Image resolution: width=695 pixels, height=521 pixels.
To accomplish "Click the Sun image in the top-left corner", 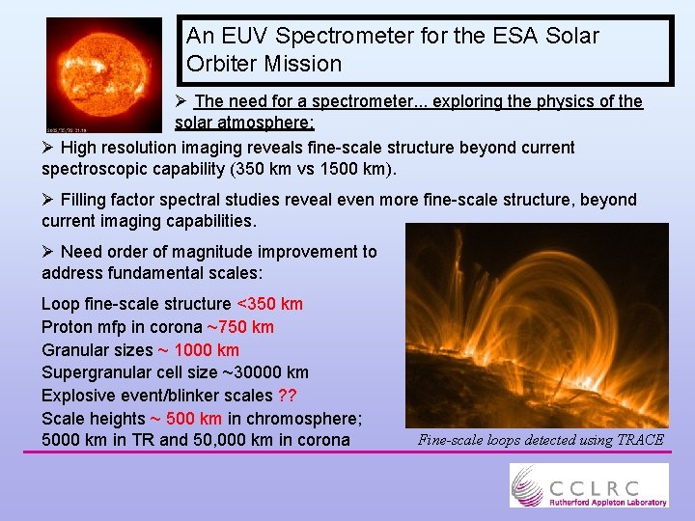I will [104, 74].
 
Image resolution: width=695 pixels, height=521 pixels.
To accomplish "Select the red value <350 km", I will [269, 304].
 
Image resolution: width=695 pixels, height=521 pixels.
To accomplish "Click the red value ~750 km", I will [240, 327].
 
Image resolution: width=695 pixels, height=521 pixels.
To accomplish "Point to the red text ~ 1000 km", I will [198, 350].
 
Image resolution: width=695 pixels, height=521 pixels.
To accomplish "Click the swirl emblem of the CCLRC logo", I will [529, 484].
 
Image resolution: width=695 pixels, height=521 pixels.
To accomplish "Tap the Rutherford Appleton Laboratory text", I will [608, 501].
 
